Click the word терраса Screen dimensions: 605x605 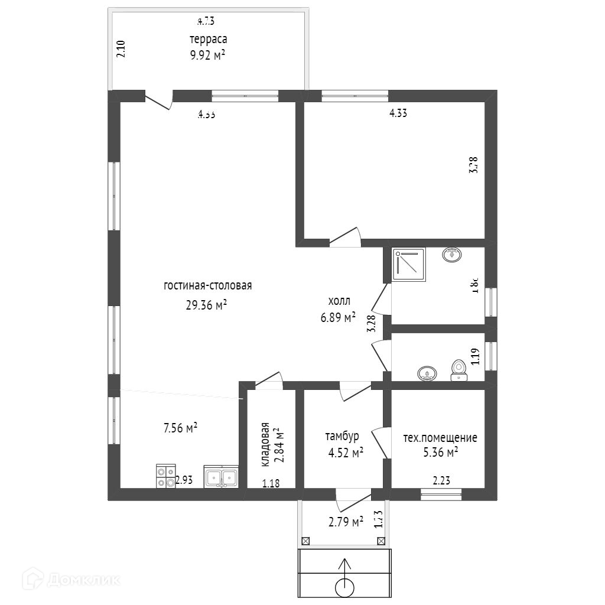pos(208,40)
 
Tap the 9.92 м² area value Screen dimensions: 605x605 pos(208,57)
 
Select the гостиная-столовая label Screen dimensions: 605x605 pos(208,286)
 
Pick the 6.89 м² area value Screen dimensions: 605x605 pos(338,317)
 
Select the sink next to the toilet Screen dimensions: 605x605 pos(427,373)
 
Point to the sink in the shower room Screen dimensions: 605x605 pos(453,255)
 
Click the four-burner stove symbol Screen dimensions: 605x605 pos(165,476)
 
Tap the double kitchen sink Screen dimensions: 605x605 pos(221,476)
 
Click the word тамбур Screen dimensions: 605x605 pos(342,437)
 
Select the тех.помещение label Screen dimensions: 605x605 pos(440,438)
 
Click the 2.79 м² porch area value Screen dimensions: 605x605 pos(346,522)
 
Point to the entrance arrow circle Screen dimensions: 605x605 pos(344,587)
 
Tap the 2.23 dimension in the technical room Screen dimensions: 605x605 pos(442,481)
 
